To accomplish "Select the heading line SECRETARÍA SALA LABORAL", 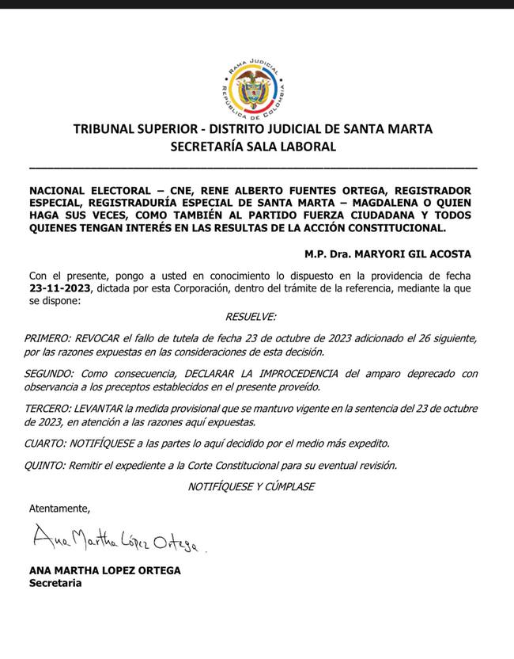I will click(253, 147).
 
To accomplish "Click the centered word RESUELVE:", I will click(251, 317).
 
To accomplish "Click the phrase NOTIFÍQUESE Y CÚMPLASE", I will click(251, 486).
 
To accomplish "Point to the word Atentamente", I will click(59, 507).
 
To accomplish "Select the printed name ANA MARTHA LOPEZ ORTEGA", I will click(105, 570).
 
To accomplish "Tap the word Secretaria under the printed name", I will click(55, 583).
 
